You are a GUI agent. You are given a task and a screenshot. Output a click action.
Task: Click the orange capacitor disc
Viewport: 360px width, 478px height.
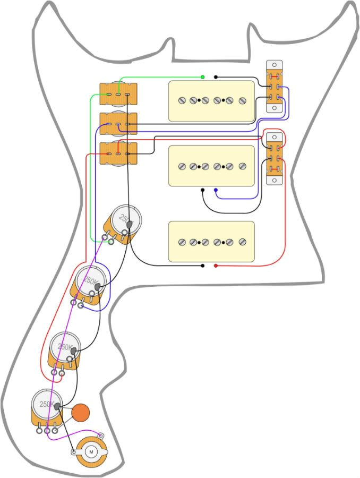click(x=81, y=412)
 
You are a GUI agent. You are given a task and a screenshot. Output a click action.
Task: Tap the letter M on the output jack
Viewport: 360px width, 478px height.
click(x=91, y=451)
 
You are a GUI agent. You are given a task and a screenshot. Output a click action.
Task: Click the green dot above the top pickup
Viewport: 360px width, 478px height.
click(x=203, y=77)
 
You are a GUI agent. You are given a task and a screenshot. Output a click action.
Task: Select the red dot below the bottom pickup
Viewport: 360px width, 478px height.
click(x=216, y=265)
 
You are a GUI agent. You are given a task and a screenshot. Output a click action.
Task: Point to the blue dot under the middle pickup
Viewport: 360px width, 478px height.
click(x=216, y=189)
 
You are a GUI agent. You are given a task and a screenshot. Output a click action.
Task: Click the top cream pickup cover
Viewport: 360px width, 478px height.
click(x=211, y=100)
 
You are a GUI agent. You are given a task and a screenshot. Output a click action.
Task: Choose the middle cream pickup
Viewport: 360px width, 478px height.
click(x=211, y=166)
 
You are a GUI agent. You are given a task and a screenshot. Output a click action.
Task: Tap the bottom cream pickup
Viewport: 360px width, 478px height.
click(x=211, y=242)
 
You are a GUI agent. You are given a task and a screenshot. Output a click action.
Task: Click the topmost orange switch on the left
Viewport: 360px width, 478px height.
click(x=118, y=95)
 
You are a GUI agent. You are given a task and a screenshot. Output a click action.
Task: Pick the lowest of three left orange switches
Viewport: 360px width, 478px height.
click(x=118, y=154)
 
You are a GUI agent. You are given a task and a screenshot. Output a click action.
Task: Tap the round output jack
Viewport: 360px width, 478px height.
click(x=91, y=452)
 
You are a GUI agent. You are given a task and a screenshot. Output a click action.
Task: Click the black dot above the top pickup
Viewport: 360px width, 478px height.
click(x=216, y=77)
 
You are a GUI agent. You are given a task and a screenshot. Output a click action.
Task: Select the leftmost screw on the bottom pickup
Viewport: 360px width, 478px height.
click(x=182, y=242)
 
